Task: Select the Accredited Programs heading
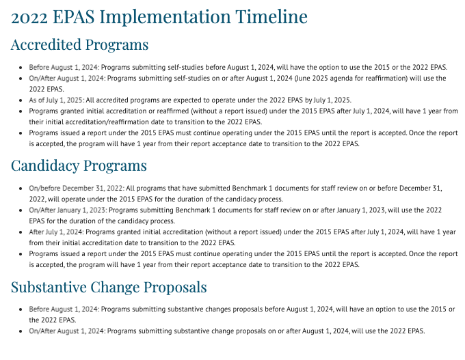tap(79, 46)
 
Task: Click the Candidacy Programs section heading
tap(79, 166)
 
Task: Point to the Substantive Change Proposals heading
tap(109, 287)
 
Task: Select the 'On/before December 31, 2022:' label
tap(76, 188)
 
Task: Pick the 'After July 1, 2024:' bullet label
tap(56, 232)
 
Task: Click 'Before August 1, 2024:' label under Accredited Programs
tap(64, 67)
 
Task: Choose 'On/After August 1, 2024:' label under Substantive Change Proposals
tap(67, 331)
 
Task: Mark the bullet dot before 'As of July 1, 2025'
tap(21, 100)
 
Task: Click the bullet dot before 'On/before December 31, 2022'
tap(21, 188)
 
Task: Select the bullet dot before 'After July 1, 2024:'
tap(21, 232)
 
